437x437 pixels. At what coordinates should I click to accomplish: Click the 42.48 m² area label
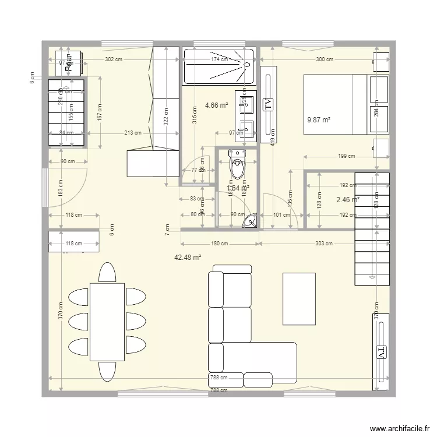(x=188, y=257)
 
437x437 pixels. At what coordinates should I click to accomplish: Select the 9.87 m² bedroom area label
(x=319, y=120)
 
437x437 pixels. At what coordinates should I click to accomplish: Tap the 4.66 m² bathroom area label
(x=216, y=105)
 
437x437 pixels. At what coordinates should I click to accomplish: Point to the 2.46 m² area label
(x=348, y=200)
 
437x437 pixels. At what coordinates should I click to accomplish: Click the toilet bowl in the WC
(x=237, y=168)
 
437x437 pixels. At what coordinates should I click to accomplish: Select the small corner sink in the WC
(x=251, y=221)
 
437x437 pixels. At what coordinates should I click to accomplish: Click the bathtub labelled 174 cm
(x=219, y=67)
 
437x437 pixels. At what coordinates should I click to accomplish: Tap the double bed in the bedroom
(x=335, y=104)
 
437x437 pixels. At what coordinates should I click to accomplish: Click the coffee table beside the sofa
(x=299, y=298)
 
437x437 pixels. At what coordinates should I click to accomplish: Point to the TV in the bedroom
(x=268, y=105)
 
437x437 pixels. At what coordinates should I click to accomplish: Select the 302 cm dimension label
(x=113, y=59)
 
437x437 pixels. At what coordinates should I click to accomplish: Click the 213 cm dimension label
(x=132, y=133)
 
